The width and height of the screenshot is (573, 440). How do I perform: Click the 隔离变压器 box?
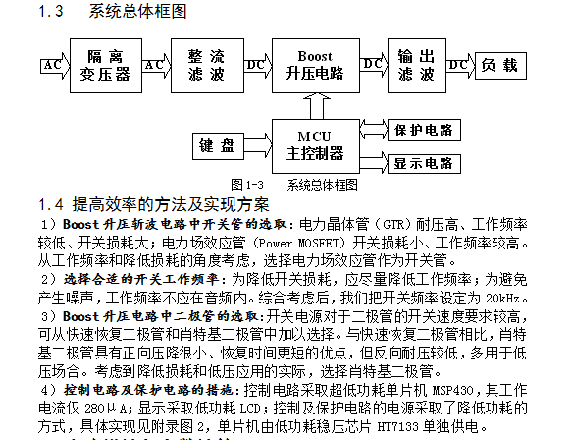coord(106,66)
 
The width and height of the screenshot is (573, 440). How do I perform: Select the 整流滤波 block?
coord(207,66)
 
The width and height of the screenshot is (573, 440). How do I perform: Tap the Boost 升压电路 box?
coord(316,66)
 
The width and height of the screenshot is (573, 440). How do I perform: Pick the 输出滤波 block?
coord(417,66)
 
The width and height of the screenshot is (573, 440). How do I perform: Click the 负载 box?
coord(500,66)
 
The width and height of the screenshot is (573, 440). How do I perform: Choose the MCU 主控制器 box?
coord(316,146)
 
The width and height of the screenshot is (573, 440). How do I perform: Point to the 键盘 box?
coord(218,146)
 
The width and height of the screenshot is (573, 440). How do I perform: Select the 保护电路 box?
coord(424,130)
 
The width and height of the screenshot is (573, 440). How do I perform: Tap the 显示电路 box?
coord(424,163)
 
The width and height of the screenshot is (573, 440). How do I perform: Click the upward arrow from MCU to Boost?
coord(317,106)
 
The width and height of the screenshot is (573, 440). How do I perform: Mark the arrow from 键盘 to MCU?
coord(258,146)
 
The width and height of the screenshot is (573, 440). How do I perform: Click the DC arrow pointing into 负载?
coord(460,66)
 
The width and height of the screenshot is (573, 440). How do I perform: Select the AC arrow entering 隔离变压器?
coord(55,66)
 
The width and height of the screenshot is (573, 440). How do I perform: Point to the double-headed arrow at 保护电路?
coord(374,130)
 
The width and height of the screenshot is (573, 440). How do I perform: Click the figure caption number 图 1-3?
coord(247,185)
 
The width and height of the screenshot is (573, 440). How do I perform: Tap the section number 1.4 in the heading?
coord(51,204)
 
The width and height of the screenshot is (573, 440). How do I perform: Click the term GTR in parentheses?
coord(392,225)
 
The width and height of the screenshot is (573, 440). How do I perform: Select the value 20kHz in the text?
coord(502,299)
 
